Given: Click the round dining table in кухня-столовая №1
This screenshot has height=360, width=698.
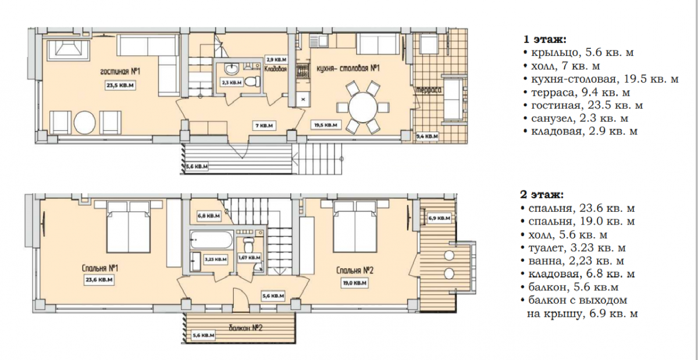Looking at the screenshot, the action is tap(363, 108).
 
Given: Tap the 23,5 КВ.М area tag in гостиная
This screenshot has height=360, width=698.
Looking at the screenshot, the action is tap(120, 85).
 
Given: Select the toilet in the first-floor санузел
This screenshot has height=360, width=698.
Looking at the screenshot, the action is tap(252, 81).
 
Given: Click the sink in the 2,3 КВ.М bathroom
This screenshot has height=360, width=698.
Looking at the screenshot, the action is tap(232, 69).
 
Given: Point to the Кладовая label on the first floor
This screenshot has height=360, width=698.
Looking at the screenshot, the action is tap(276, 69).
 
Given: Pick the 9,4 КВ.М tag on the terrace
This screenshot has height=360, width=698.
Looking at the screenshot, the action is tap(427, 136).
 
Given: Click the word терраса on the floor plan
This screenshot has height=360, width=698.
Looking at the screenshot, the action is tap(429, 90).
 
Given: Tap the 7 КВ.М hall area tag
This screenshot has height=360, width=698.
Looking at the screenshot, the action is tap(264, 126).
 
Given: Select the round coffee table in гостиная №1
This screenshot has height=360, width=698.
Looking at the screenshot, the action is tap(84, 123).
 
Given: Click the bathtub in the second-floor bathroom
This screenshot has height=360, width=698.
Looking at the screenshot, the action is tap(211, 240).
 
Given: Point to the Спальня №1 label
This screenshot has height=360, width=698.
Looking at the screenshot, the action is tap(100, 268).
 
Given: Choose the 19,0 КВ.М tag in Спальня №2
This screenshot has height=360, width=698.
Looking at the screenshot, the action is tap(355, 283).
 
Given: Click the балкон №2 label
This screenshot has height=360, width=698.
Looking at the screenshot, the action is tap(246, 328).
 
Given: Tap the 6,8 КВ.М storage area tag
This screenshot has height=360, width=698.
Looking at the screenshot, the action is tap(209, 216).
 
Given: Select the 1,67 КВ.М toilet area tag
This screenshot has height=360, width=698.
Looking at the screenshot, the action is tap(250, 258).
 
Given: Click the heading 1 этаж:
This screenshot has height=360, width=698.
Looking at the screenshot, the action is tap(544, 40).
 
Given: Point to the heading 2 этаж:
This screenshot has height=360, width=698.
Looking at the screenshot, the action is tap(542, 195).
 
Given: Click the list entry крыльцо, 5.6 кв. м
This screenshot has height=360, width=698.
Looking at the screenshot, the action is tap(579, 53).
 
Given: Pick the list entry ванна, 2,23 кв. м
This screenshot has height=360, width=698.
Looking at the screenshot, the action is tap(572, 261).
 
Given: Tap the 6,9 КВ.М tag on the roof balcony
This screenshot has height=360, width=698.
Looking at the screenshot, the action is tap(439, 218).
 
